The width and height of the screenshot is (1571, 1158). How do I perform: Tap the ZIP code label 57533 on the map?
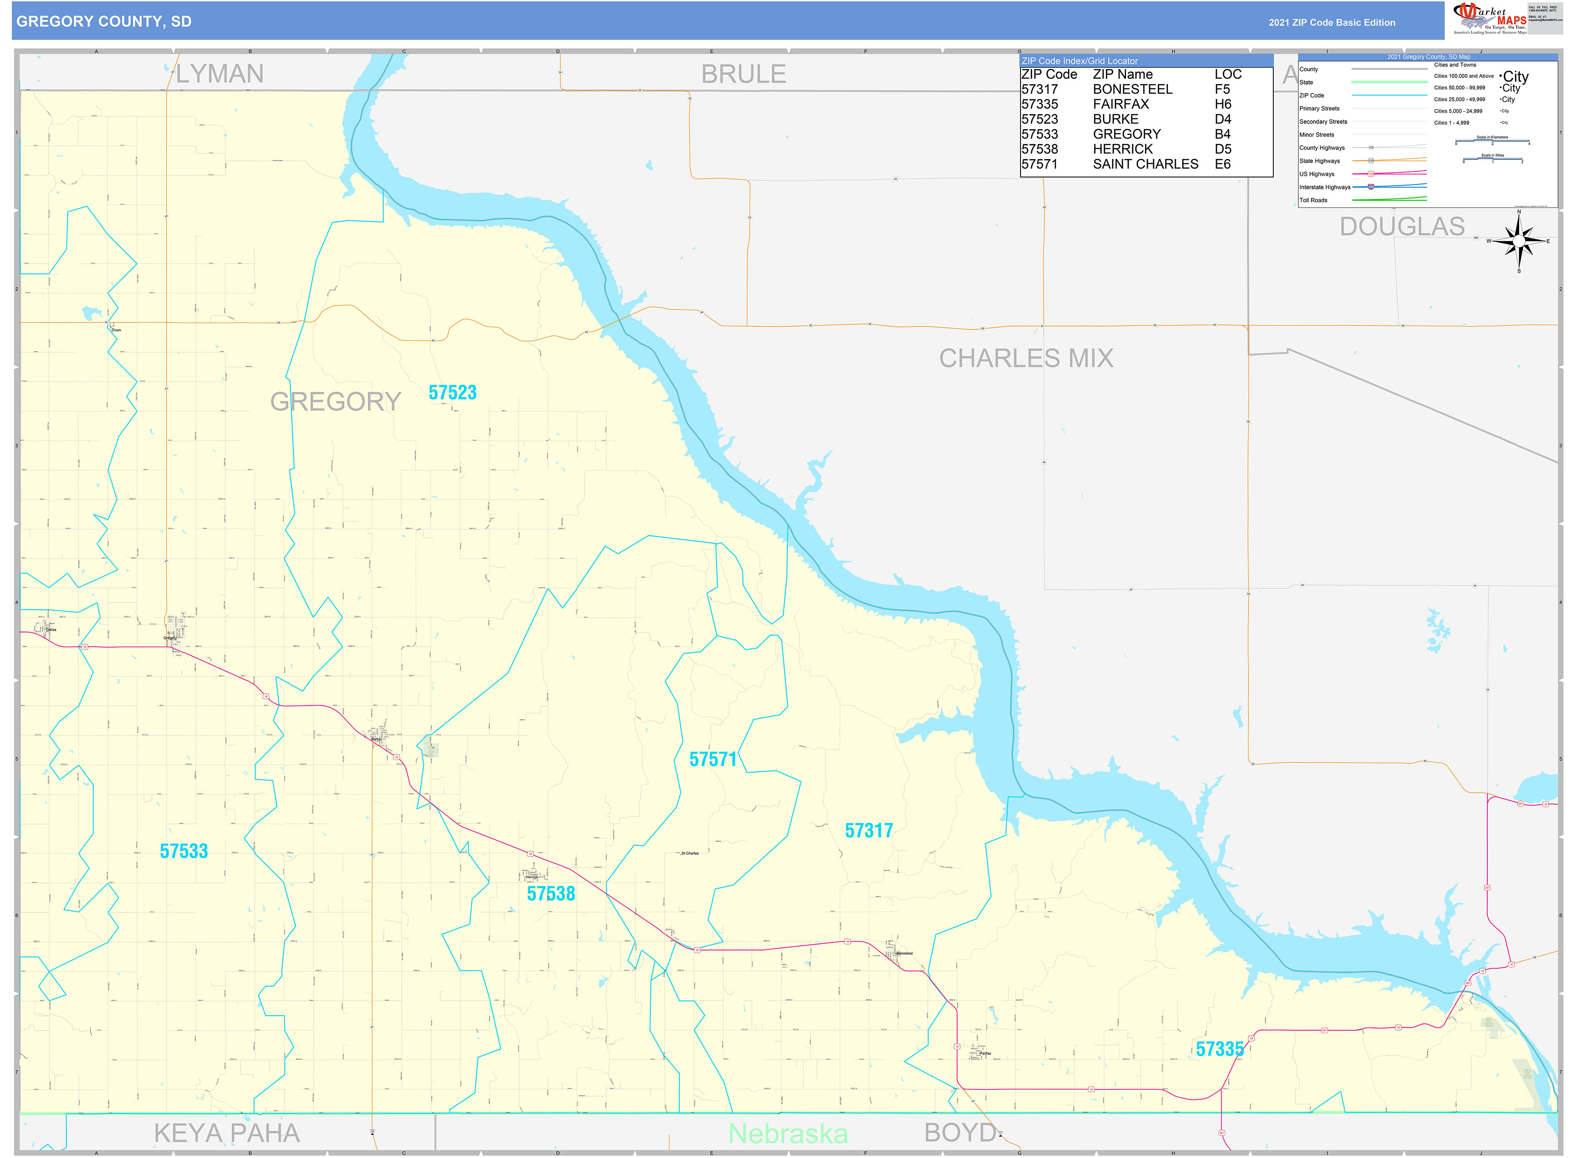184,852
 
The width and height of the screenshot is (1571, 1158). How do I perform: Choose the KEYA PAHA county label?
226,1134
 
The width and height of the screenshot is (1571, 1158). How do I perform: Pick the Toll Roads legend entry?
1313,200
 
